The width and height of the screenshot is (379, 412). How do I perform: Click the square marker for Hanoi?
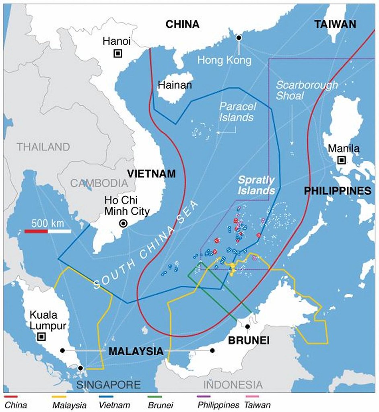point(118,53)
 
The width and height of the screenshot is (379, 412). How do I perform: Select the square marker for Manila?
point(341,161)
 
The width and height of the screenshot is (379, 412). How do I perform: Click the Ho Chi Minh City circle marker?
point(124,224)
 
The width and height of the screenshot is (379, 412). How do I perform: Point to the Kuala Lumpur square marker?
point(41,337)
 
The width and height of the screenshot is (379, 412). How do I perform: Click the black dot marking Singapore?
point(81,368)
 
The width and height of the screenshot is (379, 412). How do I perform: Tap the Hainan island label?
point(175,85)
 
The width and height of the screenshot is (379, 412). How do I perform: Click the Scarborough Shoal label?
point(307,90)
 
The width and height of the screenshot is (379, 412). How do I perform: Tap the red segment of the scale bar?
point(36,231)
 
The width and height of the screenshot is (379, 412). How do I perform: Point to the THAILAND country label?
point(43,147)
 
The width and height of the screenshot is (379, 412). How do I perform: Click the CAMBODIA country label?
point(99,183)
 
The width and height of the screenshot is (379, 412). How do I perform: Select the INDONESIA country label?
point(233,385)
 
